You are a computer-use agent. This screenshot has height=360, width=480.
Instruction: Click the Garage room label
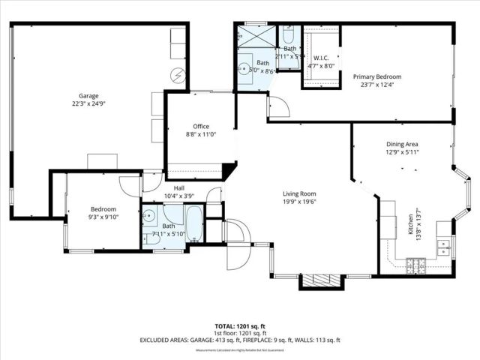pyautogui.click(x=89, y=95)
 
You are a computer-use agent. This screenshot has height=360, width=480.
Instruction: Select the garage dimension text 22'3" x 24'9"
pyautogui.click(x=89, y=104)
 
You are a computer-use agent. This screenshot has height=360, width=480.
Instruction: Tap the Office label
pyautogui.click(x=201, y=126)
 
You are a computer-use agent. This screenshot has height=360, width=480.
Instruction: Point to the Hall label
pyautogui.click(x=179, y=188)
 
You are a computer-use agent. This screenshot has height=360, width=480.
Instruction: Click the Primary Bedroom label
pyautogui.click(x=377, y=76)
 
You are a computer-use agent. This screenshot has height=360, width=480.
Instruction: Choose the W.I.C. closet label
pyautogui.click(x=320, y=58)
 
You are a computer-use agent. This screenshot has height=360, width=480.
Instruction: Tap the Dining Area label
pyautogui.click(x=402, y=143)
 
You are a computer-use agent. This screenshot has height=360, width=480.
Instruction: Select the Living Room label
pyautogui.click(x=299, y=193)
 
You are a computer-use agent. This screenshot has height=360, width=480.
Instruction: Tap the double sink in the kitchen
pyautogui.click(x=444, y=247)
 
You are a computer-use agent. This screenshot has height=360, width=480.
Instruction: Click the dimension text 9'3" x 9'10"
pyautogui.click(x=103, y=217)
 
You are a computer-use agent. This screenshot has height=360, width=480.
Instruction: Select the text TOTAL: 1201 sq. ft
pyautogui.click(x=240, y=326)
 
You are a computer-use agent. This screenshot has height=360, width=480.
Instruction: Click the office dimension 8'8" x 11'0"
pyautogui.click(x=201, y=135)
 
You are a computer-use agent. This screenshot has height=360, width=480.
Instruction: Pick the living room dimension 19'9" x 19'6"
pyautogui.click(x=299, y=201)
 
